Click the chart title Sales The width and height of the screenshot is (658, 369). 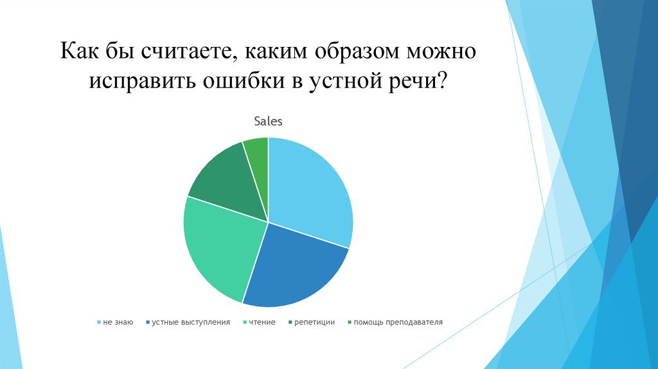coord(268,121)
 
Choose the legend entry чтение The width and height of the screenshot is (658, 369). coord(263,322)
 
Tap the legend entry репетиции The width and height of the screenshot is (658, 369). coord(315,322)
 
